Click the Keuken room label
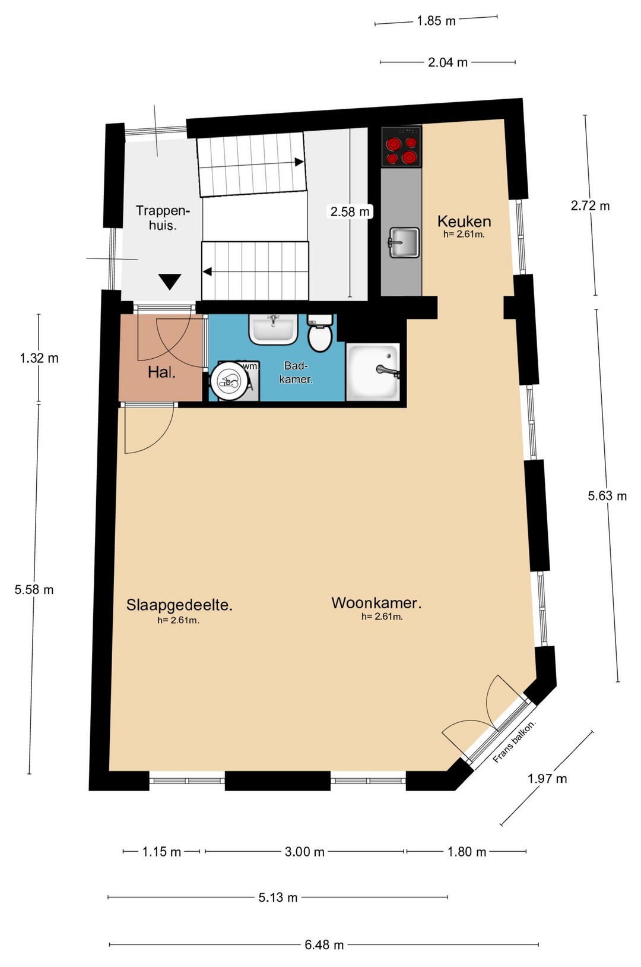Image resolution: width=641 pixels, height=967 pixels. tap(464, 221)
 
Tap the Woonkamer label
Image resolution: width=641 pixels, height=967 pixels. tap(376, 603)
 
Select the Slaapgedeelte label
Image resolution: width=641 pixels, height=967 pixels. tap(179, 605)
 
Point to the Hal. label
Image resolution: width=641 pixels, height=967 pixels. tap(161, 372)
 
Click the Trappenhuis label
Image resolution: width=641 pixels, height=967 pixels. tap(163, 217)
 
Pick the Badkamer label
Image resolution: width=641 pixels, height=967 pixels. tap(296, 372)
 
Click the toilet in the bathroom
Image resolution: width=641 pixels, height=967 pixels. tap(319, 333)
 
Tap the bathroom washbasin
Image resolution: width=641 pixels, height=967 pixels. tap(273, 330)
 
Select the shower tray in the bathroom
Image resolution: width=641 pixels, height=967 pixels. tap(373, 371)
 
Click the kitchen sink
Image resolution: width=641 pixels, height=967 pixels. tap(404, 242)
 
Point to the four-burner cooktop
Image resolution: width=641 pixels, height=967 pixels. tap(401, 147)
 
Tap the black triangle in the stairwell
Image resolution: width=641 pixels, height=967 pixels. tap(170, 282)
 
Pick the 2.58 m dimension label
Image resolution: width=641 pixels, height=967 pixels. tap(350, 211)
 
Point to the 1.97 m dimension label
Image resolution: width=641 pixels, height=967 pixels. tap(547, 779)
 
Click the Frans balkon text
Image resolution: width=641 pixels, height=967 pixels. tap(514, 742)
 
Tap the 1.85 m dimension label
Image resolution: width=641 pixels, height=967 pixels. tap(436, 21)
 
